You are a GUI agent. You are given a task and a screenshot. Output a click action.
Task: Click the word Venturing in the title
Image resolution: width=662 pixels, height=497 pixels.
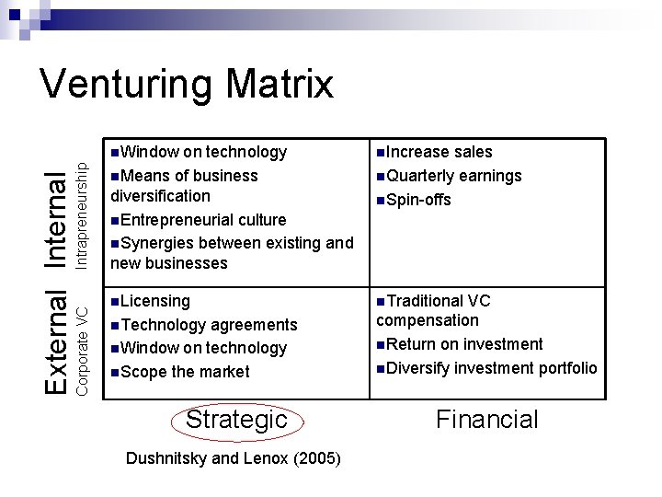pyautogui.click(x=126, y=84)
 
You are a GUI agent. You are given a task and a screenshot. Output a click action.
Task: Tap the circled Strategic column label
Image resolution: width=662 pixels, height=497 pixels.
pyautogui.click(x=236, y=420)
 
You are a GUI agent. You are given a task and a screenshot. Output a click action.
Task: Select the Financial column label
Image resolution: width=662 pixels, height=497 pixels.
pyautogui.click(x=486, y=420)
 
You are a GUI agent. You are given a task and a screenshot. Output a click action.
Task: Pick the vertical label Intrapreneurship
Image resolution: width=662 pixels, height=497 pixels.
pyautogui.click(x=81, y=216)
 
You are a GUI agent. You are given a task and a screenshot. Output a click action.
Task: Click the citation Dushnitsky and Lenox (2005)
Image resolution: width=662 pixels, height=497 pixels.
pyautogui.click(x=233, y=457)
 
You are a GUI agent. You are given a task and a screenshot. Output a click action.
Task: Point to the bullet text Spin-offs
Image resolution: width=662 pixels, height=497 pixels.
pyautogui.click(x=418, y=200)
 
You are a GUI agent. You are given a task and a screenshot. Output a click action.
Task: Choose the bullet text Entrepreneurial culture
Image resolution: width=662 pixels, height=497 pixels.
pyautogui.click(x=203, y=220)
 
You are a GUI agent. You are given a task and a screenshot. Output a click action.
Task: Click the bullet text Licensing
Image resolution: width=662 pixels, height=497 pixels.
pyautogui.click(x=154, y=301)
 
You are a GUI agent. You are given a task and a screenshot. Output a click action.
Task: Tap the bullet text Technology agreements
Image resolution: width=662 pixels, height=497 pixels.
pyautogui.click(x=209, y=325)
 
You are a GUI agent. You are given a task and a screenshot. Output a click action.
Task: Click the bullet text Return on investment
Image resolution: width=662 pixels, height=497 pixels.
pyautogui.click(x=464, y=344)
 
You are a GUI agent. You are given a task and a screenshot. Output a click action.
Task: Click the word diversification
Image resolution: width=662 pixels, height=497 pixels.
pyautogui.click(x=160, y=196)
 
